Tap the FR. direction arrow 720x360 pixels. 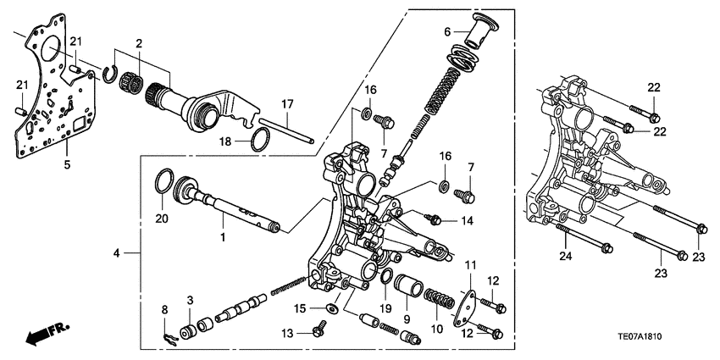(47, 333)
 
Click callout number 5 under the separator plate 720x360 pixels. (68, 165)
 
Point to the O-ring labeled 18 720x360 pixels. (263, 138)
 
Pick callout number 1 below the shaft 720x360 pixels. (223, 239)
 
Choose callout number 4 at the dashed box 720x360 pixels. (118, 252)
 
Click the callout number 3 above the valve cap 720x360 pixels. (190, 300)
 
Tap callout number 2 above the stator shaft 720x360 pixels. (139, 42)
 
